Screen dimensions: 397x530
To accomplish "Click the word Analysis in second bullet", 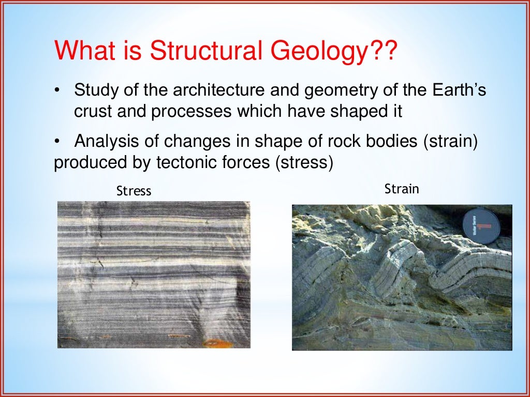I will (x=108, y=141).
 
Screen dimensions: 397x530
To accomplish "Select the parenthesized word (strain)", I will (x=450, y=141).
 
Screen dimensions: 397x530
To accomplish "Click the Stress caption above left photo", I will (x=134, y=191).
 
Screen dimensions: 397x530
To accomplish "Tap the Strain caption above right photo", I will (x=402, y=189).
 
